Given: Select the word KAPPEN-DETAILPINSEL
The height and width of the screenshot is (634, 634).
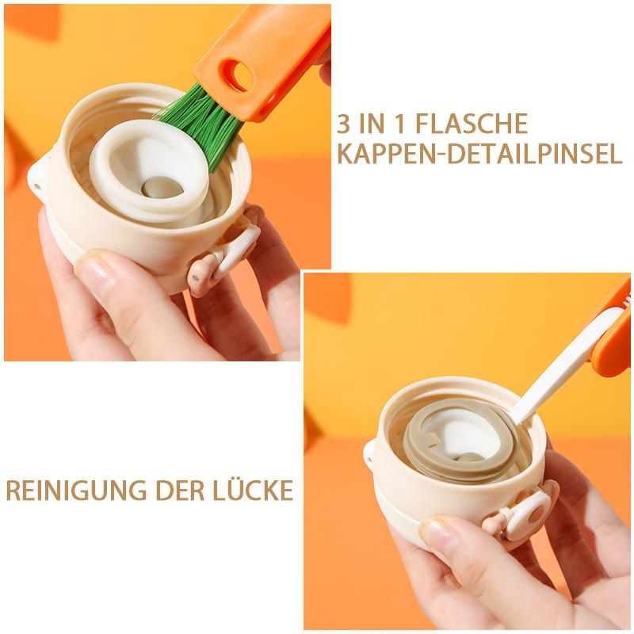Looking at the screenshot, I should (x=479, y=154).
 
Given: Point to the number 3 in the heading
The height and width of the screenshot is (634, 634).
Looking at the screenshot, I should (x=344, y=124).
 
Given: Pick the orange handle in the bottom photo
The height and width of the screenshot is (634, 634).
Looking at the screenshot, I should (x=614, y=341).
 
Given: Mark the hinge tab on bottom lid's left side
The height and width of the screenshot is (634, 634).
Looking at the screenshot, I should (x=369, y=455).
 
